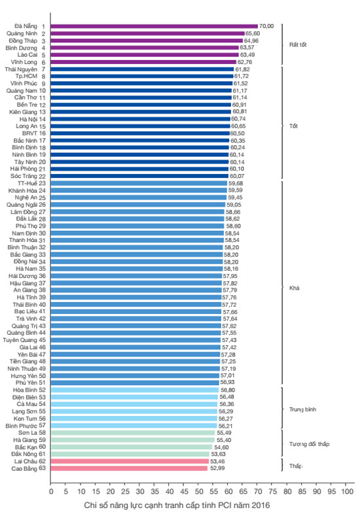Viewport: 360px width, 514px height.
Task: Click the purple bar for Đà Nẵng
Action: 154,26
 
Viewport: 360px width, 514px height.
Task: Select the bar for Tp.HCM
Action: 142,77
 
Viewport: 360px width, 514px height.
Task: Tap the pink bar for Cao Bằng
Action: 130,468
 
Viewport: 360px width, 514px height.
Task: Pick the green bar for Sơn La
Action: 133,433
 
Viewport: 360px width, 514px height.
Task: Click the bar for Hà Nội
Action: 141,119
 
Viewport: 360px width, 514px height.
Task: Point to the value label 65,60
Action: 253,33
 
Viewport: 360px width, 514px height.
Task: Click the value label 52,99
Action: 217,468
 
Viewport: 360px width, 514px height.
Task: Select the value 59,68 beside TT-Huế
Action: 236,183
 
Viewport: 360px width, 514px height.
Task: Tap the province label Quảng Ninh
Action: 22,33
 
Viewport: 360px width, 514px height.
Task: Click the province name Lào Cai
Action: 27,55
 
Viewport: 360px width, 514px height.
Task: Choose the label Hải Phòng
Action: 24,169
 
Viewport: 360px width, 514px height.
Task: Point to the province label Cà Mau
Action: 27,404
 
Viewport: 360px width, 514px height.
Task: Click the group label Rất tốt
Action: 298,44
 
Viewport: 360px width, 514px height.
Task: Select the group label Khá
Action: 295,288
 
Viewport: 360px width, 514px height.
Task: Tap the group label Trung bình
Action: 302,409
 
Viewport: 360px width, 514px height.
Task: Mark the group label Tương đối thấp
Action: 309,444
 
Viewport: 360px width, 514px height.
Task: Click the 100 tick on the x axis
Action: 347,491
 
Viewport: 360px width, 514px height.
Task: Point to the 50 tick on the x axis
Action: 199,491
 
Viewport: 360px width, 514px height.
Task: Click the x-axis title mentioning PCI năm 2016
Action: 177,505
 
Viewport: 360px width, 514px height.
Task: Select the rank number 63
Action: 43,468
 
